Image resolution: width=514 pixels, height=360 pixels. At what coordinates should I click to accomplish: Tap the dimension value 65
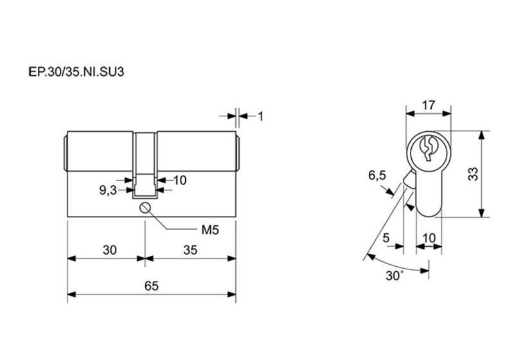coord(151,286)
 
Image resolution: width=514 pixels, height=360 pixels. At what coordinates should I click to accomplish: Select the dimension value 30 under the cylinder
coord(109,251)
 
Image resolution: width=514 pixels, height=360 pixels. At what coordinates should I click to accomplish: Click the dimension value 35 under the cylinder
coord(190,251)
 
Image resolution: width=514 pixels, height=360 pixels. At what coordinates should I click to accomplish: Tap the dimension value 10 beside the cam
coord(179,181)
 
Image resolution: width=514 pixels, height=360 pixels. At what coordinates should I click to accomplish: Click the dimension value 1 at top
coord(261,116)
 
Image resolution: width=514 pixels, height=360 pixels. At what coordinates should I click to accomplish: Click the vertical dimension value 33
coord(474,174)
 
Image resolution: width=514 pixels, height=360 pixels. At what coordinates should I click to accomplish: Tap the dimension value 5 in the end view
coord(385,238)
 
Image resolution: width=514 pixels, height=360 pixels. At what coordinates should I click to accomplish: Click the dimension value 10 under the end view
coord(429,238)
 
